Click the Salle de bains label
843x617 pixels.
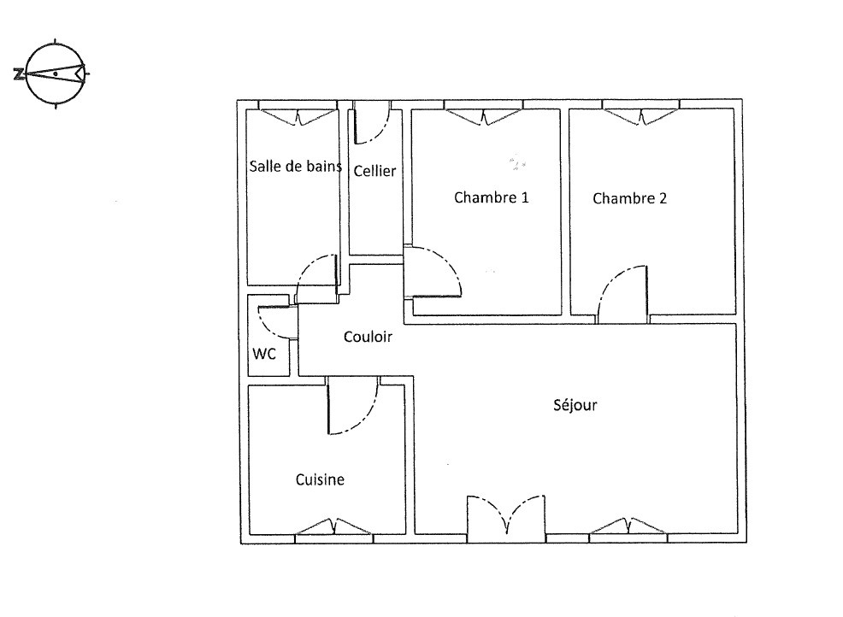295,166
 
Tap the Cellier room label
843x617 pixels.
374,171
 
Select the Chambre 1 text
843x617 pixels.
492,197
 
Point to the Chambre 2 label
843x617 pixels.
629,198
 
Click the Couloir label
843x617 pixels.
368,337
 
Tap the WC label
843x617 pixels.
264,354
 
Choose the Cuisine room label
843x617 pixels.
320,479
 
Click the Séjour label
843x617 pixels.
575,405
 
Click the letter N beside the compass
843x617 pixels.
19,74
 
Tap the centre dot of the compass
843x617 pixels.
55,73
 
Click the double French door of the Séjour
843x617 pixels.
506,515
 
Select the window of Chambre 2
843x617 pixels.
641,115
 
